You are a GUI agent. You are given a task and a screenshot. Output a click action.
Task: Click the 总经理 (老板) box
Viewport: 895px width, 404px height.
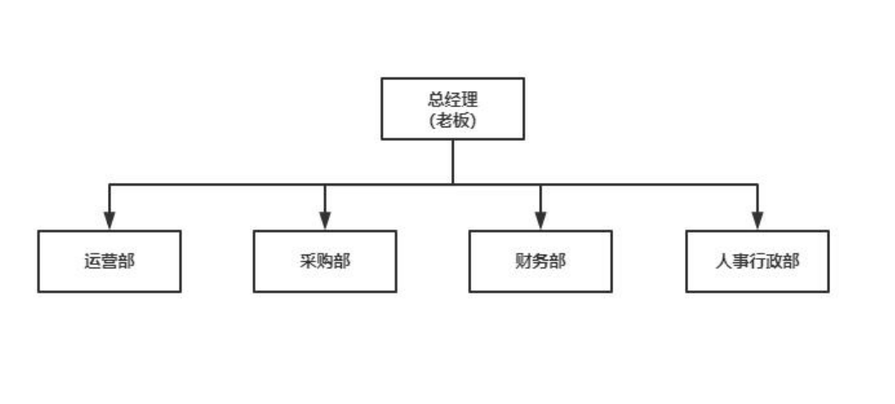click(453, 109)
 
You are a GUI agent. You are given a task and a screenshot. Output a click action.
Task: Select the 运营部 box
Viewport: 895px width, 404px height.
click(110, 261)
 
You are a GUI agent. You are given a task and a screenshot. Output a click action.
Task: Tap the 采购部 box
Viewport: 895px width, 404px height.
click(325, 261)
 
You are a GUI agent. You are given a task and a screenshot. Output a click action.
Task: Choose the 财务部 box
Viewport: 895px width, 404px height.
click(541, 261)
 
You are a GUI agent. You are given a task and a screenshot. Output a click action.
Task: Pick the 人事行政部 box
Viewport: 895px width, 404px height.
click(758, 261)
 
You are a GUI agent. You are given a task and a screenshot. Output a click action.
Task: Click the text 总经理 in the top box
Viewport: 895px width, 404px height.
click(453, 100)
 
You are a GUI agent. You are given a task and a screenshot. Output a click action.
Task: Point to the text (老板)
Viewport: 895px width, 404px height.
click(453, 121)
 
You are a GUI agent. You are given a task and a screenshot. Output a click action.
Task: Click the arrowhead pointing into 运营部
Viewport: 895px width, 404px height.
click(110, 221)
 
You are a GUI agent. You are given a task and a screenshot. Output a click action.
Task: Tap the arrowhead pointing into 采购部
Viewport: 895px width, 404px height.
click(325, 221)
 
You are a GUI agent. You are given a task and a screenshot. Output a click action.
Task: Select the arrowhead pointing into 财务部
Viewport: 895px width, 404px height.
click(541, 221)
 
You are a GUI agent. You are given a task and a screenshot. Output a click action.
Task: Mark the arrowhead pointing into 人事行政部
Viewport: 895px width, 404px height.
click(758, 221)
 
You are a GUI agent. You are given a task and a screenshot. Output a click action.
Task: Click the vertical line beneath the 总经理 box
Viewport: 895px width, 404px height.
click(453, 162)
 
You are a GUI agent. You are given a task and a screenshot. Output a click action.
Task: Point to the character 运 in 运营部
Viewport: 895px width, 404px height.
click(93, 261)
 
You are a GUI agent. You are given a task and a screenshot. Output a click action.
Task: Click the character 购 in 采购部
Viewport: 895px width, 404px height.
click(326, 261)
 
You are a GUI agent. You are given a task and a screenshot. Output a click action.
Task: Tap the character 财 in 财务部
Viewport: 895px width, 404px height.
click(523, 261)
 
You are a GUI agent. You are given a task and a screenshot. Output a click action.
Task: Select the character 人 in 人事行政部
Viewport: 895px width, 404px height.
click(724, 261)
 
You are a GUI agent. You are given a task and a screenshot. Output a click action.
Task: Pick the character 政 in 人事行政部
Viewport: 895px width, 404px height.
click(774, 261)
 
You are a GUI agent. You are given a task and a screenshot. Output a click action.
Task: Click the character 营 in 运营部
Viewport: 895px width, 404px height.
click(110, 261)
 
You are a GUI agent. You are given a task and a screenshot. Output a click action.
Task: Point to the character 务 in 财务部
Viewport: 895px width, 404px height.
click(541, 261)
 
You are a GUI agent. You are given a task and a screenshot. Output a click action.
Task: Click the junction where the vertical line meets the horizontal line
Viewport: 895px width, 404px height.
click(453, 185)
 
